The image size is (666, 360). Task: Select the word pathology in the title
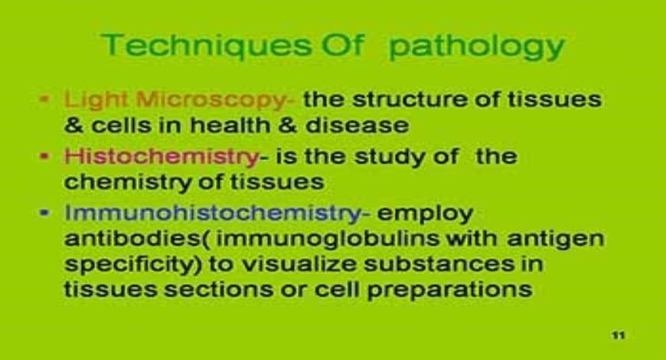click(x=476, y=47)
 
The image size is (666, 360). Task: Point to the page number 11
click(x=618, y=335)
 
